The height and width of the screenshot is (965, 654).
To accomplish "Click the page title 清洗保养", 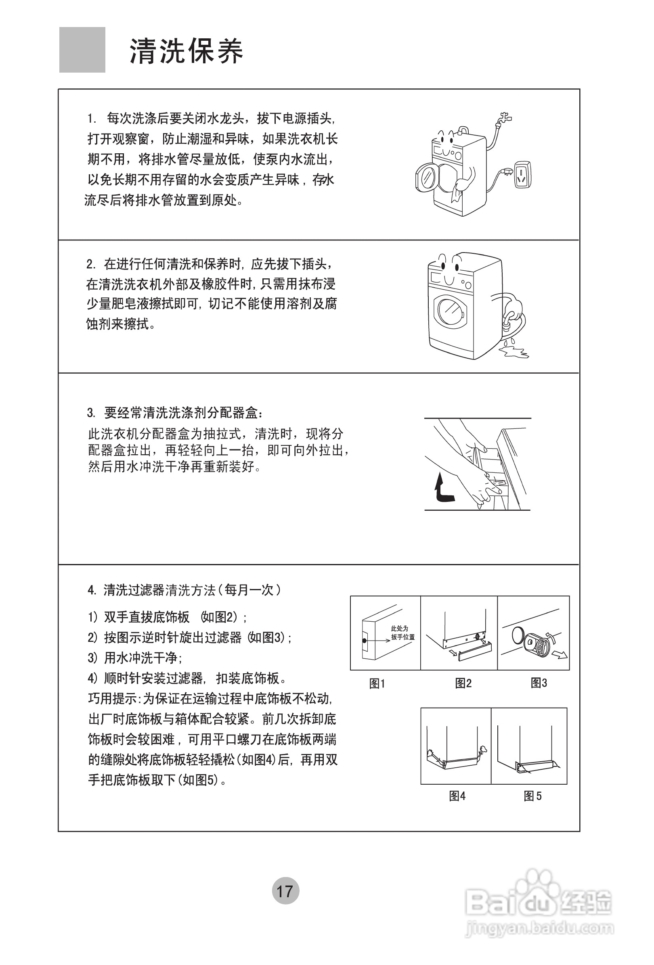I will click(x=187, y=52).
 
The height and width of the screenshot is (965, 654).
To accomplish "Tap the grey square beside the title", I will click(x=82, y=50).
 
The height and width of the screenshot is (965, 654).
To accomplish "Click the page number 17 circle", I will click(x=285, y=890).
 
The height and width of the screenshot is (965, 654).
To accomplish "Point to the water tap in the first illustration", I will click(x=504, y=118).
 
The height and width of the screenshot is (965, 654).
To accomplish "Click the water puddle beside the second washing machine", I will click(x=516, y=353).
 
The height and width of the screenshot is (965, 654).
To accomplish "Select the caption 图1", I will click(x=377, y=683).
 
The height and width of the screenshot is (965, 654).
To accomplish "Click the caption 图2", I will click(x=463, y=683).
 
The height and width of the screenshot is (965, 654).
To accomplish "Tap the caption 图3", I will click(x=539, y=683).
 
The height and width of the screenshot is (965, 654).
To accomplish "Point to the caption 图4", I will click(x=457, y=796).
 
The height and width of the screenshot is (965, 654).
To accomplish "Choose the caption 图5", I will click(x=532, y=796).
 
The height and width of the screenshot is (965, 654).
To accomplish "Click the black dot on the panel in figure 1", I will click(x=365, y=641).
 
